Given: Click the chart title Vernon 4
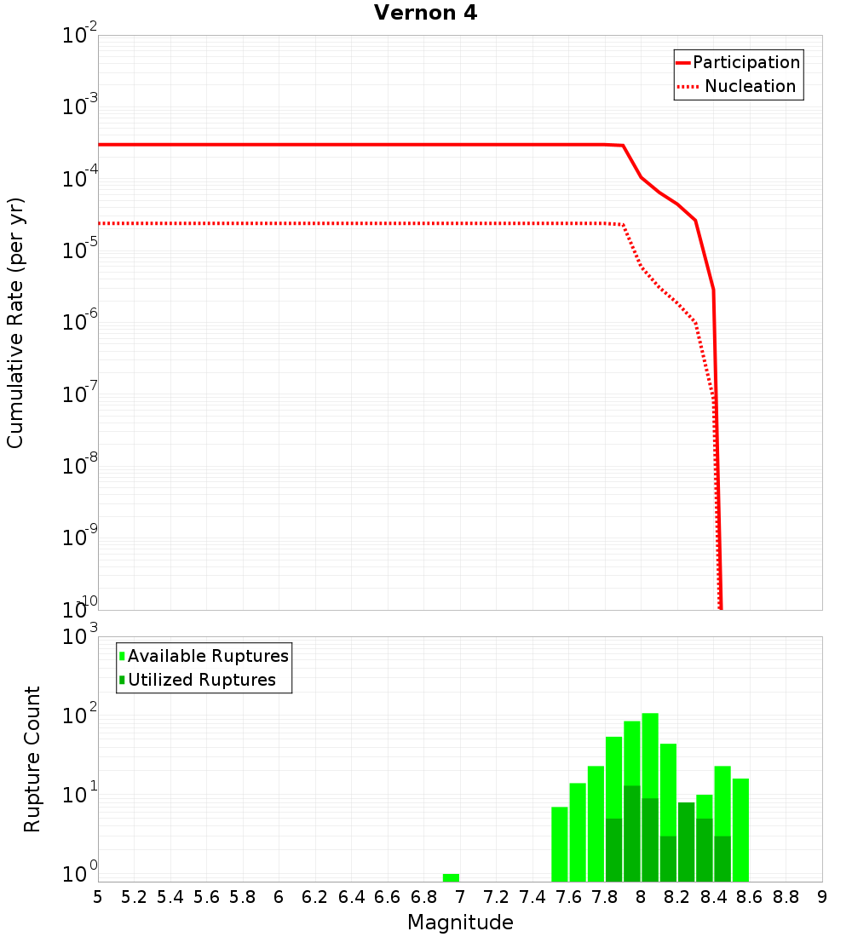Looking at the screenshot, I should [425, 14].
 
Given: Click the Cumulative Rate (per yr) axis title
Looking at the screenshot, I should [15, 322].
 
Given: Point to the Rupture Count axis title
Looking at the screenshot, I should [32, 758].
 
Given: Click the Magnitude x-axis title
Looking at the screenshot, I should [460, 923].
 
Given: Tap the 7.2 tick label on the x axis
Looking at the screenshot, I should [496, 897].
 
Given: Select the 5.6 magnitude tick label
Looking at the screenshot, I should [206, 897].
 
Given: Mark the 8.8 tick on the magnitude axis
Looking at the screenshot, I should [786, 897].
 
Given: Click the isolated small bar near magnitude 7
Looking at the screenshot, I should [451, 877].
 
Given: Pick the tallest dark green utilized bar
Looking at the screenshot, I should [631, 833].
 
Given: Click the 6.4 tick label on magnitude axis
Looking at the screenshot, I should [351, 897].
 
